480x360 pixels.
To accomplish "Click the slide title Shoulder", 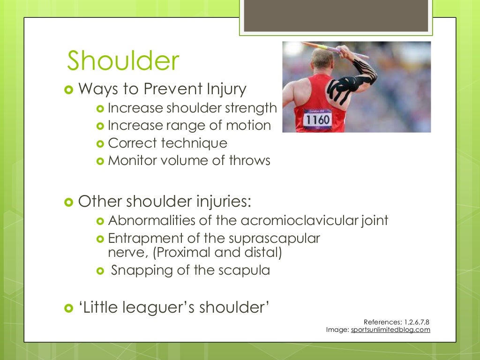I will coord(123,61).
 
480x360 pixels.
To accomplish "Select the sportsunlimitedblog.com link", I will coord(390,330).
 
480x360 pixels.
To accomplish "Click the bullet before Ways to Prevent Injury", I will coord(68,89).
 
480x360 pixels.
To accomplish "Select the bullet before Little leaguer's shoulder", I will coord(68,308).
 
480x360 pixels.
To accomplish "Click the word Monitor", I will coord(128,161).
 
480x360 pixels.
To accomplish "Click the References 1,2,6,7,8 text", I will coord(397,322).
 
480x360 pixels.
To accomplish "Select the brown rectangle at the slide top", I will coord(336,15).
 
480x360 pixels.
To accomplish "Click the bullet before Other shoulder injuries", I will coord(68,202).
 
